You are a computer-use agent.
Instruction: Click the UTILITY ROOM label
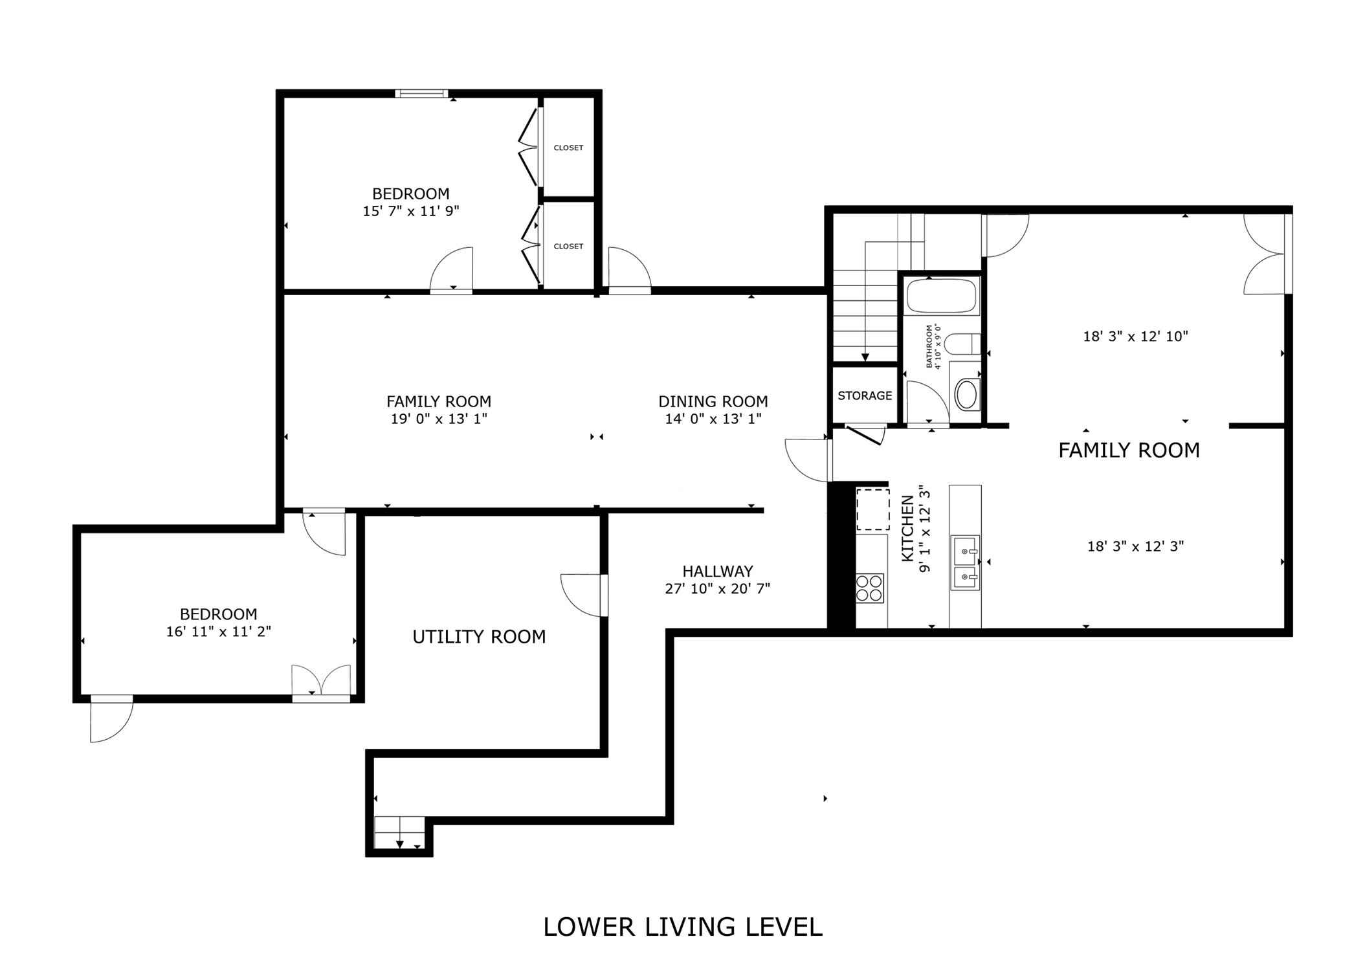479,637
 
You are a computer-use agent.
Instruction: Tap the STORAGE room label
865,395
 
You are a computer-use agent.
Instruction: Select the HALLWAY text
717,571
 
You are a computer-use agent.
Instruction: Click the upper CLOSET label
568,148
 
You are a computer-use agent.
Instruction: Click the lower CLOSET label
568,247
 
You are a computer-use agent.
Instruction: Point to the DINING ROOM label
713,401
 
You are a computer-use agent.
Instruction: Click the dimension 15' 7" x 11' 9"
410,211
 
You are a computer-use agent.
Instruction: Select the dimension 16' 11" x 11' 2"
218,632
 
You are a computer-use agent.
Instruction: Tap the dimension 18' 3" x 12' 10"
1135,337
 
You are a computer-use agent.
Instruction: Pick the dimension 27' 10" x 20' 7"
717,589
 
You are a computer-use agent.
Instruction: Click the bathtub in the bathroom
941,296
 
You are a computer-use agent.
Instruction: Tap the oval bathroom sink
966,395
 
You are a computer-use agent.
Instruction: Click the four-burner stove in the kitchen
869,588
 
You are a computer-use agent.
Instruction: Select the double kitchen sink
964,562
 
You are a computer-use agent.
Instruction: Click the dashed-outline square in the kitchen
872,510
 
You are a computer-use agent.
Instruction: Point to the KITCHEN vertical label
907,528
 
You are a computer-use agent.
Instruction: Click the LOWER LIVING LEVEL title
682,927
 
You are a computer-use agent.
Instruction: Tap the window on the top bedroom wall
421,94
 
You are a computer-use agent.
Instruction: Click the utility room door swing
583,594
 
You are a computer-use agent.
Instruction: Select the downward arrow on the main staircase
865,357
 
